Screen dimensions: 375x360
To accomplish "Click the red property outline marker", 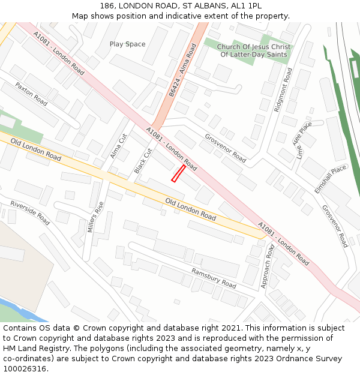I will (x=178, y=173).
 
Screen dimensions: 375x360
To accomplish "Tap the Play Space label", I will (x=127, y=44).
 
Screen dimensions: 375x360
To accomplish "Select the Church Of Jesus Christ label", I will (x=254, y=47).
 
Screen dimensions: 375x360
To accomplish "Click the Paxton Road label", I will (x=31, y=94).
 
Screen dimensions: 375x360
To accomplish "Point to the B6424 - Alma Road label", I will (x=182, y=70).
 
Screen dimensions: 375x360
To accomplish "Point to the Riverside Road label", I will (x=30, y=212).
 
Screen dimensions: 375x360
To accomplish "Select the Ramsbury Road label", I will (x=214, y=277).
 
